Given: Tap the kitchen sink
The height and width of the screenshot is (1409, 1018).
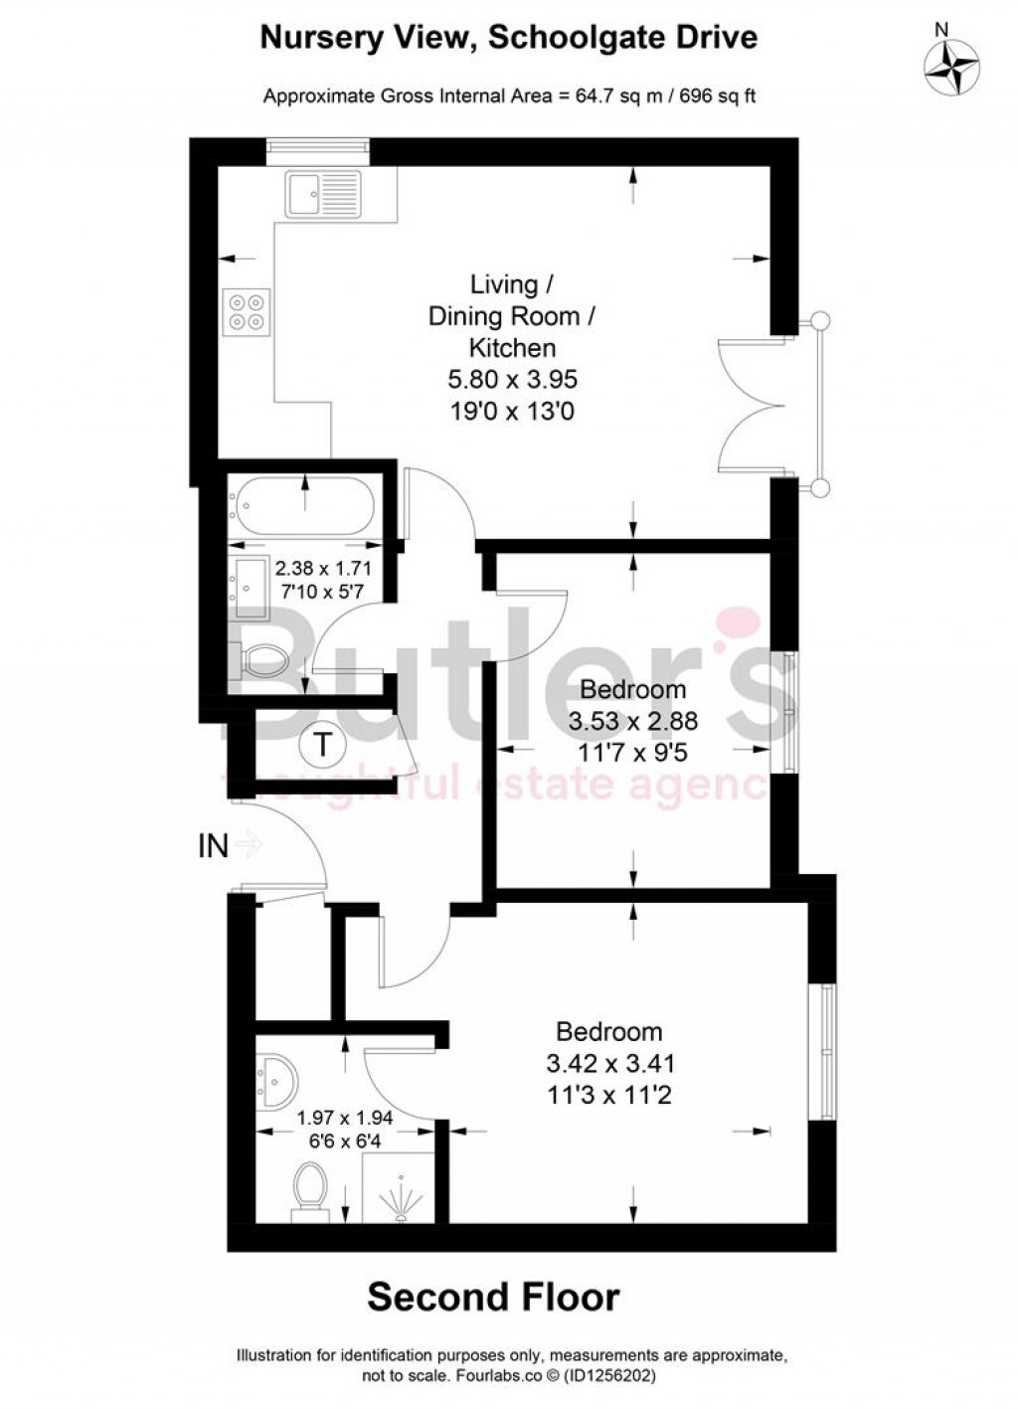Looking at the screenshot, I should (x=323, y=193).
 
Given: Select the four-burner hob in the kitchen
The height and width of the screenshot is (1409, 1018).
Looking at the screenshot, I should (x=247, y=308).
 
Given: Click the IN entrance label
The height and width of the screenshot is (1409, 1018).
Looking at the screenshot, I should (x=214, y=846).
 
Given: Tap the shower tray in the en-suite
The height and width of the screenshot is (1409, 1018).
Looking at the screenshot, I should (x=399, y=1188).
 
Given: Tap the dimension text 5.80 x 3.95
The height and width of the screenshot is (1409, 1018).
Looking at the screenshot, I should (x=512, y=379).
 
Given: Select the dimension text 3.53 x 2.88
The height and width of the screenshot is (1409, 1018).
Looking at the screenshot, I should (x=633, y=721).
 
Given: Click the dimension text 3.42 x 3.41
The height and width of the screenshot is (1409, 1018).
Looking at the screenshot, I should (x=609, y=1063).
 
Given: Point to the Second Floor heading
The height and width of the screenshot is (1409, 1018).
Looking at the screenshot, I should (x=494, y=1297).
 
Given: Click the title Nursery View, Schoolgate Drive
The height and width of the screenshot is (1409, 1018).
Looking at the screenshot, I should (x=508, y=38).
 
